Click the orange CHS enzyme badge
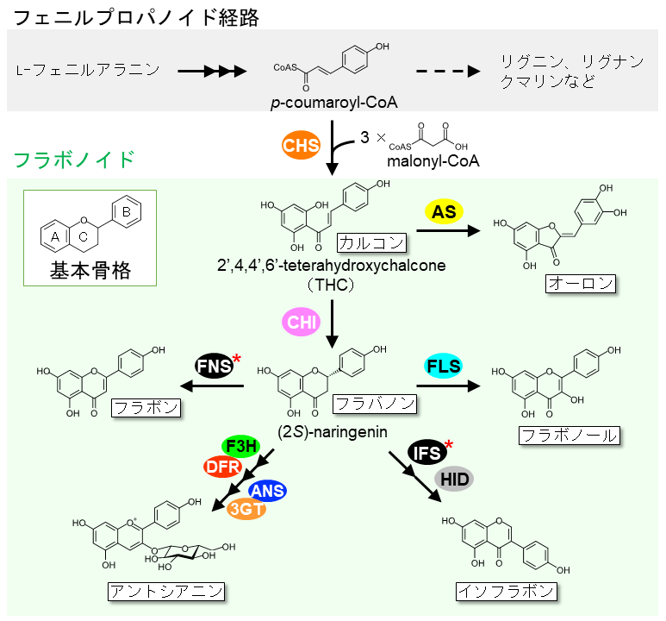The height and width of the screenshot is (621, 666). coord(302,144)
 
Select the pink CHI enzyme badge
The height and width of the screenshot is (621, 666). coord(302,323)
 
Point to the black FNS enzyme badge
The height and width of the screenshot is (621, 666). coord(214,366)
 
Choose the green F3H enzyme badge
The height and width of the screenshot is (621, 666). coord(241,447)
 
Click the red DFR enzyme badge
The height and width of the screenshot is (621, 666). coord(223,467)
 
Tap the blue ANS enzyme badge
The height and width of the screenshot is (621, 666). coord(265,489)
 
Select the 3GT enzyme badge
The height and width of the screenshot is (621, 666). coord(246,509)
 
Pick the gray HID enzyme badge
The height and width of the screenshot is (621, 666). coord(453,477)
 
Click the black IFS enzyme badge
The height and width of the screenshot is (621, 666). coord(428,452)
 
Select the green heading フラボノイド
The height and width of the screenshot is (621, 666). coord(74,160)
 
